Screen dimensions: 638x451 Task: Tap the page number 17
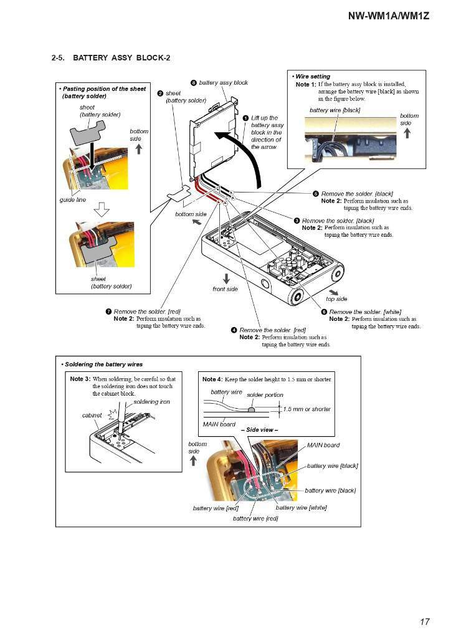point(424,621)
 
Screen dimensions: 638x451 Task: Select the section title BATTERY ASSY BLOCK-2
point(121,58)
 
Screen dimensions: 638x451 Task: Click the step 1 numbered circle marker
point(246,117)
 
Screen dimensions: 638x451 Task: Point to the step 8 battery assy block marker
point(194,82)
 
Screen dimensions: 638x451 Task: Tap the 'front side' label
point(225,289)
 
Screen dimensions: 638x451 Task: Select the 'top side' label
point(336,299)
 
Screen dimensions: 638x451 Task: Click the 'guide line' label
point(72,200)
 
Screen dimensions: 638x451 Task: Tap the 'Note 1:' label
point(306,84)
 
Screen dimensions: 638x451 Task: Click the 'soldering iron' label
point(151,402)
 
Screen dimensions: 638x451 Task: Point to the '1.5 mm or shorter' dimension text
point(307,409)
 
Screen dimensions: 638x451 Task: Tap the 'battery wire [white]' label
point(301,508)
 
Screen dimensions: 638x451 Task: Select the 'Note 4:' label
point(212,379)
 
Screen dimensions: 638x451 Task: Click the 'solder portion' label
point(265,395)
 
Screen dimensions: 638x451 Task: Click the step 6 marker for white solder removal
point(324,312)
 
